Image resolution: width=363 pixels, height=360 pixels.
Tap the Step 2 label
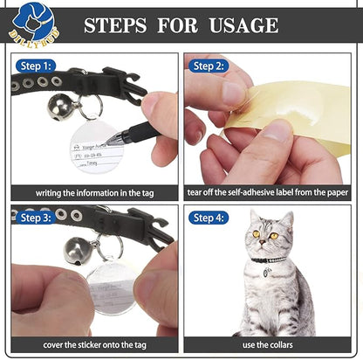[x=209, y=66]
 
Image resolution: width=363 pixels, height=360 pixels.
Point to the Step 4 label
[x=209, y=218]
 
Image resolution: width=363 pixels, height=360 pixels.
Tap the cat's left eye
[x=256, y=235]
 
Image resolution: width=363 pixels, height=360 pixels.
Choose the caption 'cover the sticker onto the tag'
[x=94, y=344]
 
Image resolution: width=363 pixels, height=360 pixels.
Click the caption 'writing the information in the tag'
[x=94, y=192]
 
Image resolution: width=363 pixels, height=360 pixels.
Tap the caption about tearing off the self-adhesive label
[x=269, y=192]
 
